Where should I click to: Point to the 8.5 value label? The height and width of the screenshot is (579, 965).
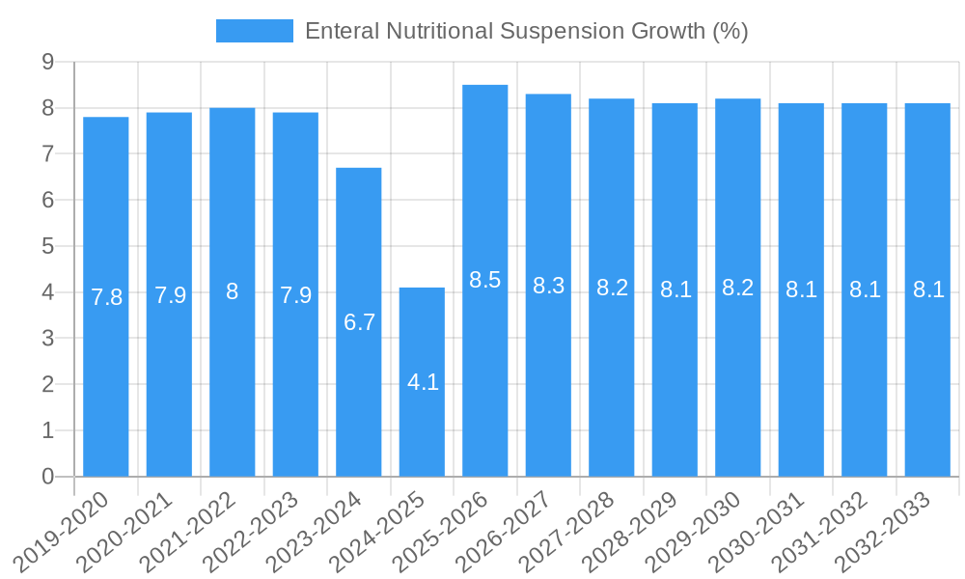[x=485, y=280]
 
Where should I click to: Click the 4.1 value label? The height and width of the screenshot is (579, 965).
[x=423, y=382]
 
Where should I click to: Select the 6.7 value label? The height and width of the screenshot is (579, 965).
[x=359, y=322]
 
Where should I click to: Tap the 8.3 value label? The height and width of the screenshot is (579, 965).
[x=548, y=286]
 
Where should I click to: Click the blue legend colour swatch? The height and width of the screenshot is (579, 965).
[x=254, y=31]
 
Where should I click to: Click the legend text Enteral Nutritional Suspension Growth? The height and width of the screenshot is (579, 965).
[x=526, y=31]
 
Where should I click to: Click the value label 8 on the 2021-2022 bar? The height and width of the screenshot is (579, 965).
[x=233, y=291]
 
